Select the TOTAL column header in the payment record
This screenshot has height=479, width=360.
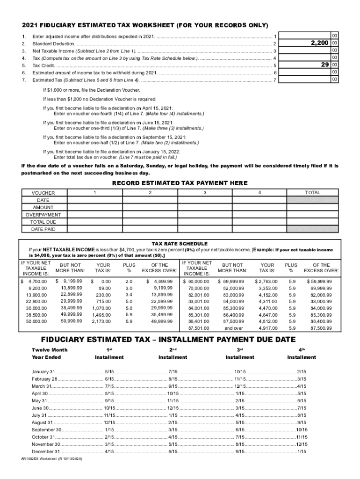(312, 192)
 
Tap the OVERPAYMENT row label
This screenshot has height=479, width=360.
(43, 215)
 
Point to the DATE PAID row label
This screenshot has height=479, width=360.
(43, 229)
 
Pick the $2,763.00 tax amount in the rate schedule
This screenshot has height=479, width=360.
(266, 282)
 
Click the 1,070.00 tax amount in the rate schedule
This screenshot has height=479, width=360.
(101, 308)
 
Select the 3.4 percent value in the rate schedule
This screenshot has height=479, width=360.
(129, 295)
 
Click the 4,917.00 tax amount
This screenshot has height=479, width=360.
(266, 328)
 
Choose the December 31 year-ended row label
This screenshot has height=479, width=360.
(46, 451)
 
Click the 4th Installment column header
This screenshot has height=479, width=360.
(302, 354)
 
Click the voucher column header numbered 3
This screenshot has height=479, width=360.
(205, 192)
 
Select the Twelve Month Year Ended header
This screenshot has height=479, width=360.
(50, 354)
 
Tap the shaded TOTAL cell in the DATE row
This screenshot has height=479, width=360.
(312, 200)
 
